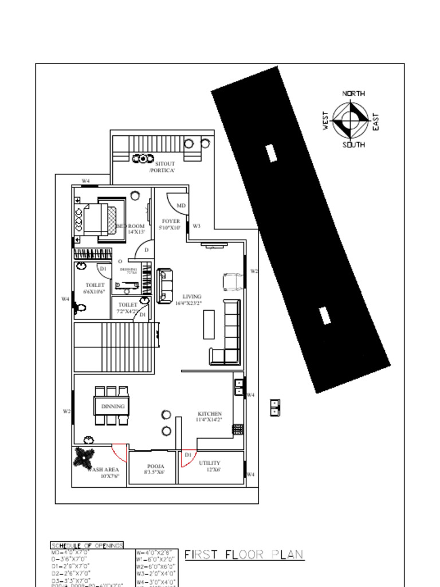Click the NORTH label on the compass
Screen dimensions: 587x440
click(x=353, y=93)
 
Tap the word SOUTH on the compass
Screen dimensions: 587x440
click(x=353, y=145)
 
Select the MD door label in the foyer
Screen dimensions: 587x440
click(x=180, y=205)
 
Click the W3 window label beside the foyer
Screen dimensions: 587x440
click(x=197, y=226)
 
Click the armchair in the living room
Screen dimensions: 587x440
click(x=233, y=281)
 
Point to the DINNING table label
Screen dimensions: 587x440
click(x=113, y=406)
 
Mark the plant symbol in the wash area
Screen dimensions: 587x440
click(x=85, y=457)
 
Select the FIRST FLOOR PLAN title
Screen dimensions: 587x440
click(x=243, y=555)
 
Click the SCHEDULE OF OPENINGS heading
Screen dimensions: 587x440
click(x=87, y=545)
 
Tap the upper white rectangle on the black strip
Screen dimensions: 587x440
click(x=272, y=152)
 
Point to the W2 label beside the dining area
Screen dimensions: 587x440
click(x=66, y=411)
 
